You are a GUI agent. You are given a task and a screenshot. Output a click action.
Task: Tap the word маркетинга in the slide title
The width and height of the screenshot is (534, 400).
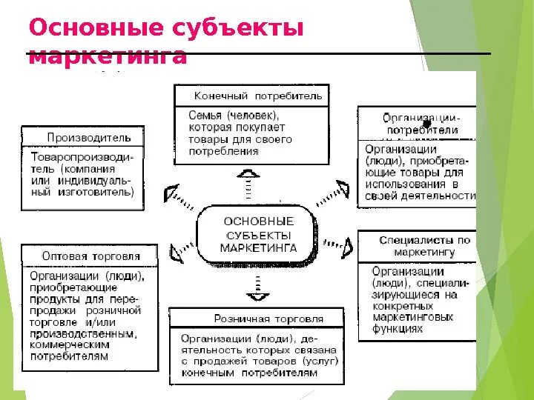pyautogui.click(x=107, y=56)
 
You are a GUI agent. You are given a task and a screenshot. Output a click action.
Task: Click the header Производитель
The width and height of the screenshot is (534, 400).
pyautogui.click(x=89, y=138)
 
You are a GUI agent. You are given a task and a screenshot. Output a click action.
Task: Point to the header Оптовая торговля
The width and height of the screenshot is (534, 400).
pyautogui.click(x=90, y=256)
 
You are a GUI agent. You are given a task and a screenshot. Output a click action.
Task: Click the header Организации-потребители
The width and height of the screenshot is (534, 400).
pyautogui.click(x=421, y=124)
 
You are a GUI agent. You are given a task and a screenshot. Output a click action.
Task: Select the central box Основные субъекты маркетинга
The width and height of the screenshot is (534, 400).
pyautogui.click(x=257, y=234)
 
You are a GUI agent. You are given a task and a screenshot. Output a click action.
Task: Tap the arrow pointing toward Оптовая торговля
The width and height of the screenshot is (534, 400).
pyautogui.click(x=177, y=254)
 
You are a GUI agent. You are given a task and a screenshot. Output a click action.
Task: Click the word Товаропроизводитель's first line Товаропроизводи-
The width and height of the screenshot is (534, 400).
pyautogui.click(x=82, y=157)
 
